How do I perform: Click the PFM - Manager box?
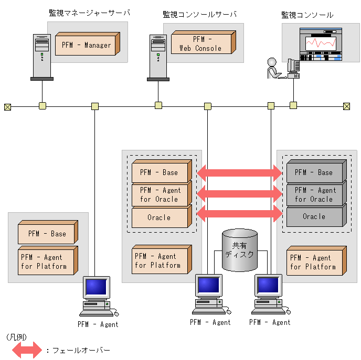pyautogui.click(x=87, y=45)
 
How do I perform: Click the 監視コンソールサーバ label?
pyautogui.click(x=199, y=14)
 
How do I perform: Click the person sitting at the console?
pyautogui.click(x=274, y=69)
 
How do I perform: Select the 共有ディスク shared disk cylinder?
pyautogui.click(x=239, y=249)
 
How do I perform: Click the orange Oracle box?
pyautogui.click(x=160, y=217)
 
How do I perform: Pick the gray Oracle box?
pyautogui.click(x=314, y=216)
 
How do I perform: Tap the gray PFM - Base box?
pyautogui.click(x=314, y=172)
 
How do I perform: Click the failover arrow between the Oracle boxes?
pyautogui.click(x=239, y=213)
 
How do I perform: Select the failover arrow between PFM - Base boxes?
pyautogui.click(x=239, y=172)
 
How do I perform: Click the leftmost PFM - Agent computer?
pyautogui.click(x=98, y=296)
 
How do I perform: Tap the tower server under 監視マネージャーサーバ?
pyautogui.click(x=41, y=57)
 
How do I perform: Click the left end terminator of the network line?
pyautogui.click(x=7, y=107)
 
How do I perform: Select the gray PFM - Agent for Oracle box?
pyautogui.click(x=314, y=194)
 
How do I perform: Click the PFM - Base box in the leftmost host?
pyautogui.click(x=47, y=234)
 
